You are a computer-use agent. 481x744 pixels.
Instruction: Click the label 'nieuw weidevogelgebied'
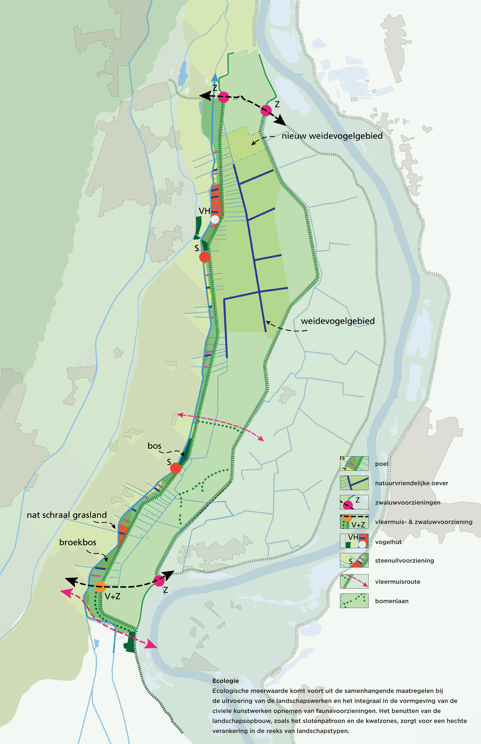(332, 136)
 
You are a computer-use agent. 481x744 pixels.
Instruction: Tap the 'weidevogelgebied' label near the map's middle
(338, 321)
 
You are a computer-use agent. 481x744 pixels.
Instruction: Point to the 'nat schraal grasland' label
(67, 515)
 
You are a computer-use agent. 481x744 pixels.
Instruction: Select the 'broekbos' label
(78, 542)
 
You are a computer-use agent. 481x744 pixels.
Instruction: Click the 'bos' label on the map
(154, 446)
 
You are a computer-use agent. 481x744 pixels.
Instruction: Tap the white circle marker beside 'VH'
(215, 219)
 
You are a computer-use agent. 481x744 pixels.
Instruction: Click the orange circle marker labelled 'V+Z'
(100, 587)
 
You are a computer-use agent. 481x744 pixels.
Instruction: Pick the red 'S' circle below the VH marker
(205, 257)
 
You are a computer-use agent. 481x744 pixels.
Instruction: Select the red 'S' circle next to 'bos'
(175, 468)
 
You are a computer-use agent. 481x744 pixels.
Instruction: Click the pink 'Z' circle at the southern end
(159, 581)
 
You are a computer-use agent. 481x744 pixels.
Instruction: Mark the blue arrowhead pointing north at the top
(215, 77)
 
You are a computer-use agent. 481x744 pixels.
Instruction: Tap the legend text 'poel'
(381, 464)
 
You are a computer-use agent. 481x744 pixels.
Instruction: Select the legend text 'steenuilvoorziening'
(404, 560)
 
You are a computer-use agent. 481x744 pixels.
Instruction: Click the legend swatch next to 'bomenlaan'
(354, 601)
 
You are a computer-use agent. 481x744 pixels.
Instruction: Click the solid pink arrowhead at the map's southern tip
(151, 645)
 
